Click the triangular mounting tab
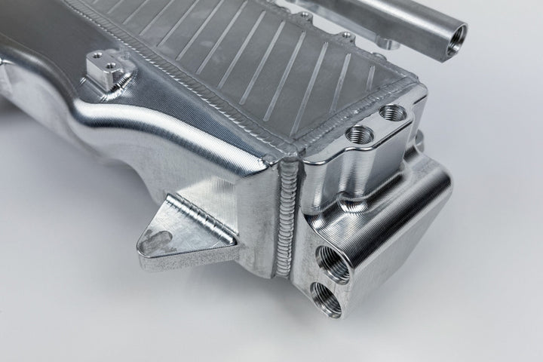click(173, 230)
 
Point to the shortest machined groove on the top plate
click(369, 75)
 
